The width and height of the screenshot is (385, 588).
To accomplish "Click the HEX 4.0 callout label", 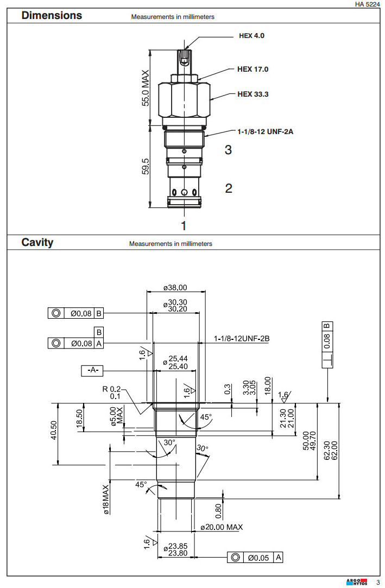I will pos(251,36).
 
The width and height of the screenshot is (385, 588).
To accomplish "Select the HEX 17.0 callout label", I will pos(253,69).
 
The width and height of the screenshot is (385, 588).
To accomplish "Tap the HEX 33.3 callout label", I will pos(253,94).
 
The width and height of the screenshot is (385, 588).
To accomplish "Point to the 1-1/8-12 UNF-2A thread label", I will pos(265,131).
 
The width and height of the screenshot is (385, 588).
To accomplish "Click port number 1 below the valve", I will pos(184,225).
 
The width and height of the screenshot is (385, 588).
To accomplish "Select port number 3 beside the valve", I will pos(228,149).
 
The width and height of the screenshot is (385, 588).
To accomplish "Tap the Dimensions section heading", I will pos(52,15).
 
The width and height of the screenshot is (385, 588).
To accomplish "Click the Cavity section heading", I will pos(37,242).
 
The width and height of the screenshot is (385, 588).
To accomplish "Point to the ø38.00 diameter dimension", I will pos(175,288).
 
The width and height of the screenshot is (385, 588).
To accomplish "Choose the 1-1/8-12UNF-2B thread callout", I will pos(242,339).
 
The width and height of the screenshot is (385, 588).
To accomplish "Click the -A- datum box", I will pos(92,370).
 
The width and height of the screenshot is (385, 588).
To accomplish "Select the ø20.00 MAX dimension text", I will pos(221,527).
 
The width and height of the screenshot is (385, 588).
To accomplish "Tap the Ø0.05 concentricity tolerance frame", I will pos(255,557).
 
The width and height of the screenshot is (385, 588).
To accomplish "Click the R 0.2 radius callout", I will pos(111,393).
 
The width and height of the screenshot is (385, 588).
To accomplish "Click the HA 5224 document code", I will pos(367,4).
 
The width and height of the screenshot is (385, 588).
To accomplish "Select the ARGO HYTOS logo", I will pos(356,582).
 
